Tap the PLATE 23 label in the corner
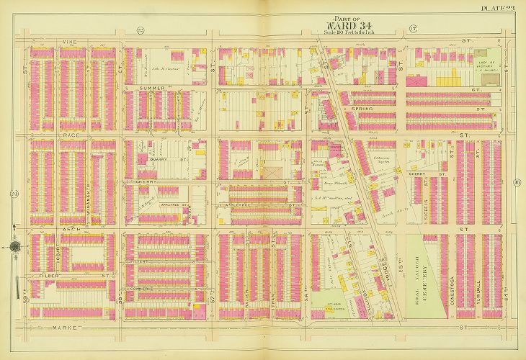(502, 8)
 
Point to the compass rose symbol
(14, 246)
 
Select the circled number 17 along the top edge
(414, 30)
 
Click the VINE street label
(70, 42)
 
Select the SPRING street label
(362, 109)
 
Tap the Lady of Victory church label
(491, 66)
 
